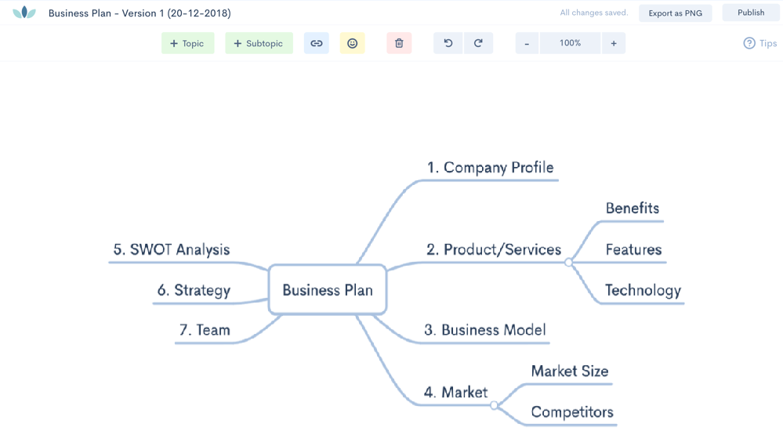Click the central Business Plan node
328,290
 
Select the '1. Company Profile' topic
490,168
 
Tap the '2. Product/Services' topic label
494,250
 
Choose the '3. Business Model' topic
485,330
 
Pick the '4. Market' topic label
455,392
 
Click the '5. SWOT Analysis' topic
172,250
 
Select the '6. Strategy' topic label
194,291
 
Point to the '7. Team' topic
205,330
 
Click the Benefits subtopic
632,208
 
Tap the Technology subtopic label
643,291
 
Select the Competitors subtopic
571,412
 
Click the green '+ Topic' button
187,44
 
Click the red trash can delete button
399,44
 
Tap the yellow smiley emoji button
352,44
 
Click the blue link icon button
317,44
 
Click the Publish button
750,13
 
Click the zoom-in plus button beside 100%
613,44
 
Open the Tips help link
759,44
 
